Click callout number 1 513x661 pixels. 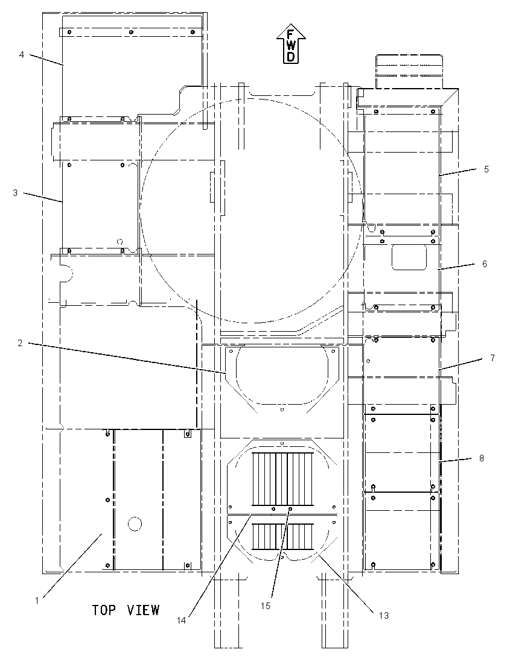point(37,600)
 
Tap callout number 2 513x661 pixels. point(20,343)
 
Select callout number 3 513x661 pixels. point(15,193)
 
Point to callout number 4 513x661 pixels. point(22,54)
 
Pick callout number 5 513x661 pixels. point(486,169)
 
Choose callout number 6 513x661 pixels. point(485,264)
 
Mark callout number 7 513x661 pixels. point(492,358)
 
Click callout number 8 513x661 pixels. point(482,458)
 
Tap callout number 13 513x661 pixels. point(383,616)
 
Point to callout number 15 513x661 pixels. point(266,606)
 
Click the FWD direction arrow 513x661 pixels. point(291,44)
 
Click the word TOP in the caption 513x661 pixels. point(104,610)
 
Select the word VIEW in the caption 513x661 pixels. point(143,610)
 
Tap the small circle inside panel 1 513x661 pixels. point(135,523)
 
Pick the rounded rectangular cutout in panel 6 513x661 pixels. point(409,258)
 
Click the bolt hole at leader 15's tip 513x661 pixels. point(290,509)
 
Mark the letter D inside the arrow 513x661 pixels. point(291,57)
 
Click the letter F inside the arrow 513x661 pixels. point(291,34)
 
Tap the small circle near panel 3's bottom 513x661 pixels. point(120,242)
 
